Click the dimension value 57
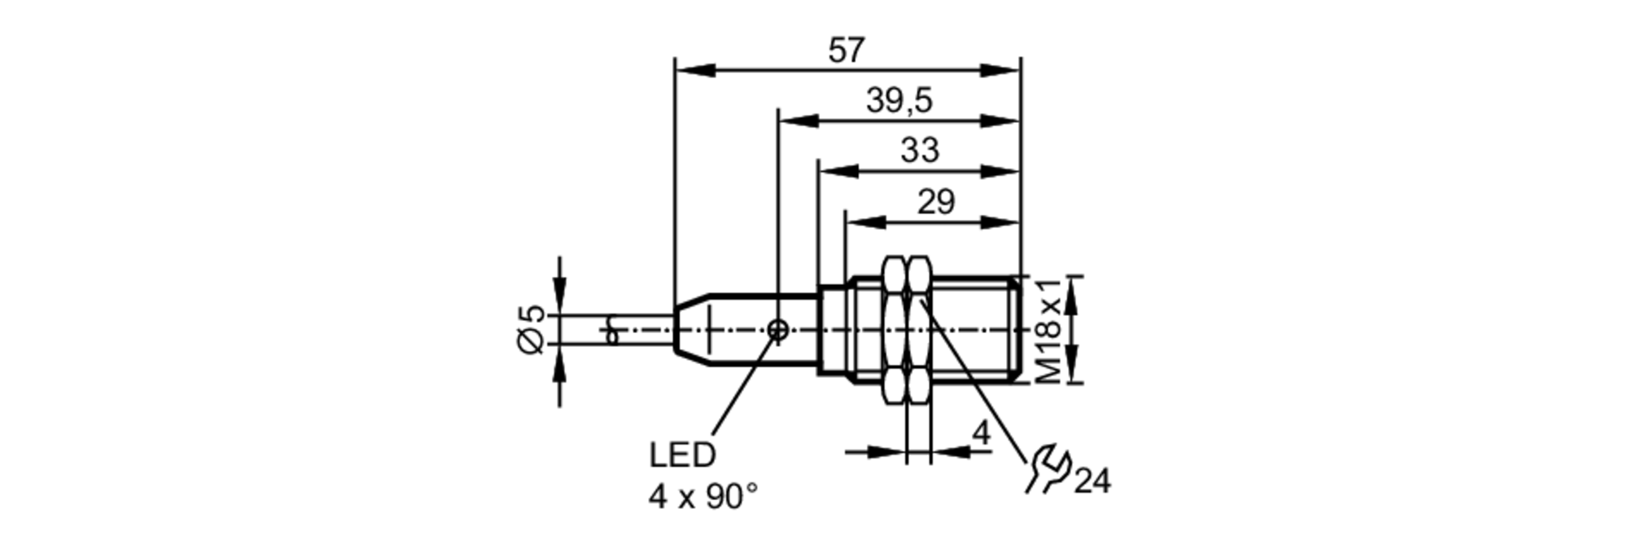click(x=846, y=51)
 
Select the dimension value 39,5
click(x=899, y=102)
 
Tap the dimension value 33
click(x=920, y=151)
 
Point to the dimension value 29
click(x=935, y=202)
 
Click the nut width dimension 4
click(x=982, y=433)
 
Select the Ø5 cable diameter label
click(x=531, y=329)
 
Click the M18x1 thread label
click(x=1049, y=329)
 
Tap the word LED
click(x=682, y=456)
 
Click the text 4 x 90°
click(x=703, y=497)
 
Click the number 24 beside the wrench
click(x=1092, y=482)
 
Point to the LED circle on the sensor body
click(x=778, y=330)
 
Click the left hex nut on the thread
click(x=894, y=329)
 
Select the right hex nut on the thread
click(x=919, y=329)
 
